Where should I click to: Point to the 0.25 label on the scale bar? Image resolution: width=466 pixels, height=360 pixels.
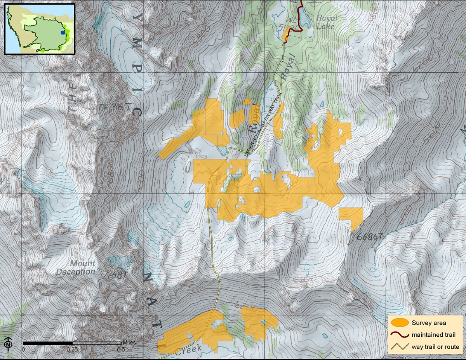click(x=72, y=349)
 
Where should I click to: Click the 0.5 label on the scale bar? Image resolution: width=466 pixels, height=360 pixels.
click(x=121, y=349)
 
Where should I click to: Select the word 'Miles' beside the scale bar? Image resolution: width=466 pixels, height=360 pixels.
click(x=129, y=343)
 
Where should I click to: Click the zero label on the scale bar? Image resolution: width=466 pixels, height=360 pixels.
click(x=23, y=349)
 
